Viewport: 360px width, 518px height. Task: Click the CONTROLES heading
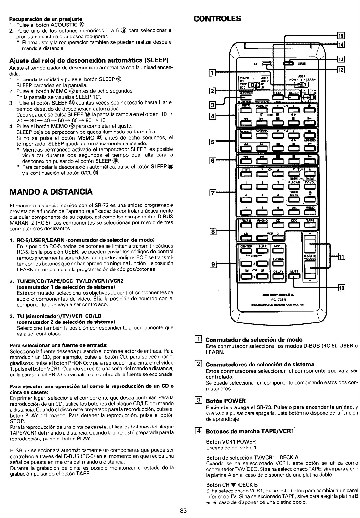(217, 18)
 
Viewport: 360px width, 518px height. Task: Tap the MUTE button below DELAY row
(294, 276)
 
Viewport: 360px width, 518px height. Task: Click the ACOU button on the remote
(278, 250)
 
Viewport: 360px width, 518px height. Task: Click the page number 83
(183, 511)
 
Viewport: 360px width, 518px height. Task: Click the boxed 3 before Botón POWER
(199, 401)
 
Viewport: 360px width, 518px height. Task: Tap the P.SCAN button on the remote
(294, 186)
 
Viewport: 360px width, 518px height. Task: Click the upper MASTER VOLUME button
(310, 244)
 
